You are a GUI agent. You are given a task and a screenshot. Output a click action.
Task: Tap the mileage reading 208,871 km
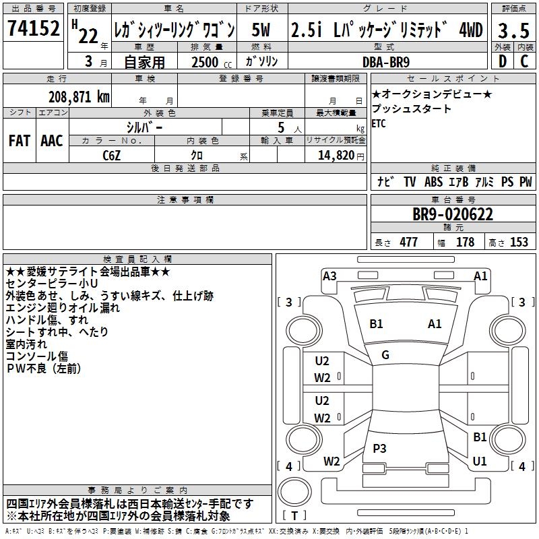click(x=80, y=96)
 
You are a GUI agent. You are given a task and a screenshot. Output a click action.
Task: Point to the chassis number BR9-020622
click(x=453, y=215)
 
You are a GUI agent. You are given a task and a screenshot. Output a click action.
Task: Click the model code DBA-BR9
click(x=385, y=61)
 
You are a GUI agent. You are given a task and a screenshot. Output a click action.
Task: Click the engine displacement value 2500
click(x=205, y=62)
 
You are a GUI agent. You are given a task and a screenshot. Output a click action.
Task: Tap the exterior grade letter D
click(x=502, y=61)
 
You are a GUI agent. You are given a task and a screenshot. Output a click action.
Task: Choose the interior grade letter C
click(x=524, y=61)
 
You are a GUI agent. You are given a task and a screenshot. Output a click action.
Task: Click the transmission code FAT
click(x=19, y=141)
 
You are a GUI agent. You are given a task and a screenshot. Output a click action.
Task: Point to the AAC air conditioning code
click(x=52, y=141)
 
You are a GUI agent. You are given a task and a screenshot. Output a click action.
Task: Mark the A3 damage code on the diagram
click(x=329, y=276)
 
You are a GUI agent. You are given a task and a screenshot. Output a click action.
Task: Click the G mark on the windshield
click(x=385, y=355)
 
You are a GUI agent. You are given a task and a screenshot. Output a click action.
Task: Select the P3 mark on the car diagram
click(x=379, y=449)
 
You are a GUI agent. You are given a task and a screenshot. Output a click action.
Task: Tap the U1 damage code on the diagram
click(x=480, y=462)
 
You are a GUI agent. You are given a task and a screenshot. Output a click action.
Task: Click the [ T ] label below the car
click(x=294, y=517)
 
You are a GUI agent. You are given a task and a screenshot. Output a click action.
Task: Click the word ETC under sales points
click(x=379, y=123)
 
